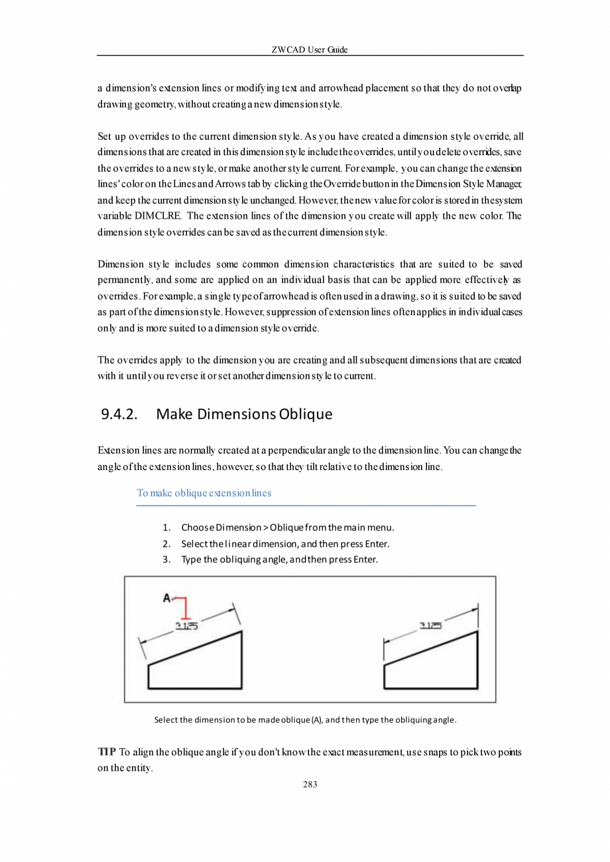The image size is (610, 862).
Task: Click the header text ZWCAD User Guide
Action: pos(310,50)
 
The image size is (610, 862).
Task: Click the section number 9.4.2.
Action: pos(119,415)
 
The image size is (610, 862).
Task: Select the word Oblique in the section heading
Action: pos(306,415)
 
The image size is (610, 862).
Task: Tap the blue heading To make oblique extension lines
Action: pos(204,493)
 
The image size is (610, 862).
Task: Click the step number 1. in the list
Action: pos(167,528)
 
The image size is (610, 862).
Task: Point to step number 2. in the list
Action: pos(167,544)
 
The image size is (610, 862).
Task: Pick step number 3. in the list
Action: pos(167,559)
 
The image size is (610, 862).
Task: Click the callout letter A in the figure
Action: pos(167,598)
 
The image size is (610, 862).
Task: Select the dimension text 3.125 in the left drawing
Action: pos(186,625)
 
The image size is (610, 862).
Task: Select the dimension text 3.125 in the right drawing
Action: pos(432,625)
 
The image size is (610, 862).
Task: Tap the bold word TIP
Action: pos(106,751)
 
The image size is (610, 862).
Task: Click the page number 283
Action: pos(310,784)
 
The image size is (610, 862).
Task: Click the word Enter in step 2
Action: pos(376,544)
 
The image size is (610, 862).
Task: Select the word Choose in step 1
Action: pos(197,528)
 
